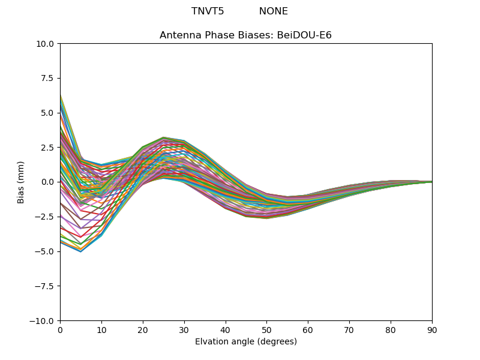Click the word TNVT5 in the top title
tap(208, 11)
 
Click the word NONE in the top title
tap(274, 11)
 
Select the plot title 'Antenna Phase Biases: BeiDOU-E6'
tap(245, 35)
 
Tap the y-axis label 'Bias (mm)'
tap(21, 182)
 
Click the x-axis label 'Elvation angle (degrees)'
tap(245, 342)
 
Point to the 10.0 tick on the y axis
tap(47, 44)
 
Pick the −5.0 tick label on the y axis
tap(47, 251)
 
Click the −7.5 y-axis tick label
tap(47, 286)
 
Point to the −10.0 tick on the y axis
tap(44, 321)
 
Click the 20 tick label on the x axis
tap(143, 329)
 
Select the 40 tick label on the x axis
tap(226, 329)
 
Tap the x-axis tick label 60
tap(308, 329)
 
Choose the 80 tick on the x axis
tap(391, 329)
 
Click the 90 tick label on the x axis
tap(432, 329)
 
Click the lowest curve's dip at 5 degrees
tap(80, 251)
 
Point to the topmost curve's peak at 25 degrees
tap(163, 137)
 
